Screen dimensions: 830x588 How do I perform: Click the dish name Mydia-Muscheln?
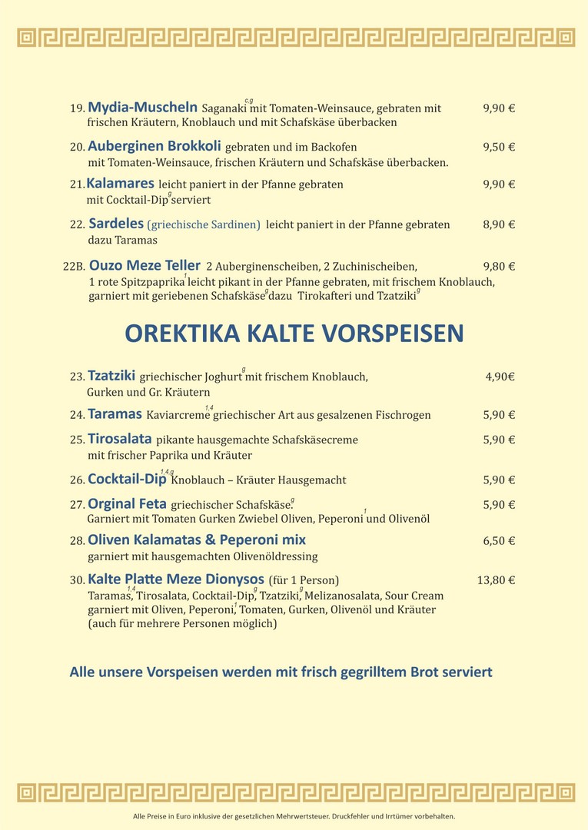click(x=142, y=107)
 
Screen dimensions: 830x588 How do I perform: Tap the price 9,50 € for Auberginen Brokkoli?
click(x=499, y=147)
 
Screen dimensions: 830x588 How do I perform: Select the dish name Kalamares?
click(x=120, y=184)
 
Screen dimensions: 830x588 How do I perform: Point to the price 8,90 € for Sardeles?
click(x=499, y=224)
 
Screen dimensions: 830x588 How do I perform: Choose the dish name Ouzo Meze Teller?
click(x=145, y=266)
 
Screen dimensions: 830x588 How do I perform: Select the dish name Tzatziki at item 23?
click(x=111, y=376)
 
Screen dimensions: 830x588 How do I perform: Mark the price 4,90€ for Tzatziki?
click(x=500, y=377)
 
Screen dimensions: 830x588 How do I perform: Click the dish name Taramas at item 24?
click(x=115, y=414)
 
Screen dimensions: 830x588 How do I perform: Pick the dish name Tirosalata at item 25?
click(x=119, y=440)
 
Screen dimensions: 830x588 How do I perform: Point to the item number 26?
click(x=77, y=480)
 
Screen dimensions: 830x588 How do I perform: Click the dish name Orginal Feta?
click(x=127, y=505)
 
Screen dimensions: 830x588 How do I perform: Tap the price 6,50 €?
click(x=499, y=541)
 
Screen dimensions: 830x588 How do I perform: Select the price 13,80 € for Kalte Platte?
click(x=496, y=580)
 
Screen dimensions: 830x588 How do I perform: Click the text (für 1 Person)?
click(x=304, y=580)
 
